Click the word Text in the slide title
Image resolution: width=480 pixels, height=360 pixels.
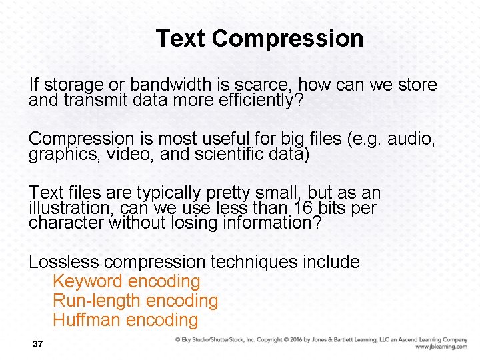(180, 39)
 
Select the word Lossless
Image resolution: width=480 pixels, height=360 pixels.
(63, 262)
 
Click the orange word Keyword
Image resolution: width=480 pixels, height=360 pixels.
(87, 282)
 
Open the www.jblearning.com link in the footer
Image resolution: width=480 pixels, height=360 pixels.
(441, 347)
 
